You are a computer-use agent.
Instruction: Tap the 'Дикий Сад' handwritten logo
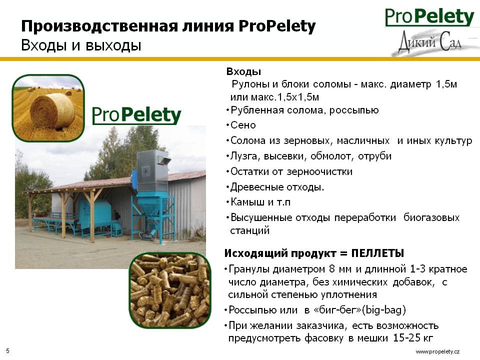430,42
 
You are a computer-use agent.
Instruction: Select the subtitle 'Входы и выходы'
81,45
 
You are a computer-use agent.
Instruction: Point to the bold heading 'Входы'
243,71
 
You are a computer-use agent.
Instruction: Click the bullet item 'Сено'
243,125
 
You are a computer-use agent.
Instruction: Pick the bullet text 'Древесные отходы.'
277,186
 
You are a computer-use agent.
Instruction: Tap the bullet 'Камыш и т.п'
260,202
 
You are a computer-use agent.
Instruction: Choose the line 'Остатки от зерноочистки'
291,171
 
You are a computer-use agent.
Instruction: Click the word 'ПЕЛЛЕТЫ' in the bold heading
378,253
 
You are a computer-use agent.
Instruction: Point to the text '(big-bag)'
384,310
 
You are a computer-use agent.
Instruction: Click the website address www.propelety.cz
437,351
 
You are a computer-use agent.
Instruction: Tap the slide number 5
8,351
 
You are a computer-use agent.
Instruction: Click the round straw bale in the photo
52,110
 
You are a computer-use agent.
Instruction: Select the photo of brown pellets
170,290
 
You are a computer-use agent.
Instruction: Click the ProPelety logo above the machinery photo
136,115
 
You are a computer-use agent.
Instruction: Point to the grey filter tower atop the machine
152,171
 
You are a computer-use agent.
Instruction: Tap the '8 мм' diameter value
340,269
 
